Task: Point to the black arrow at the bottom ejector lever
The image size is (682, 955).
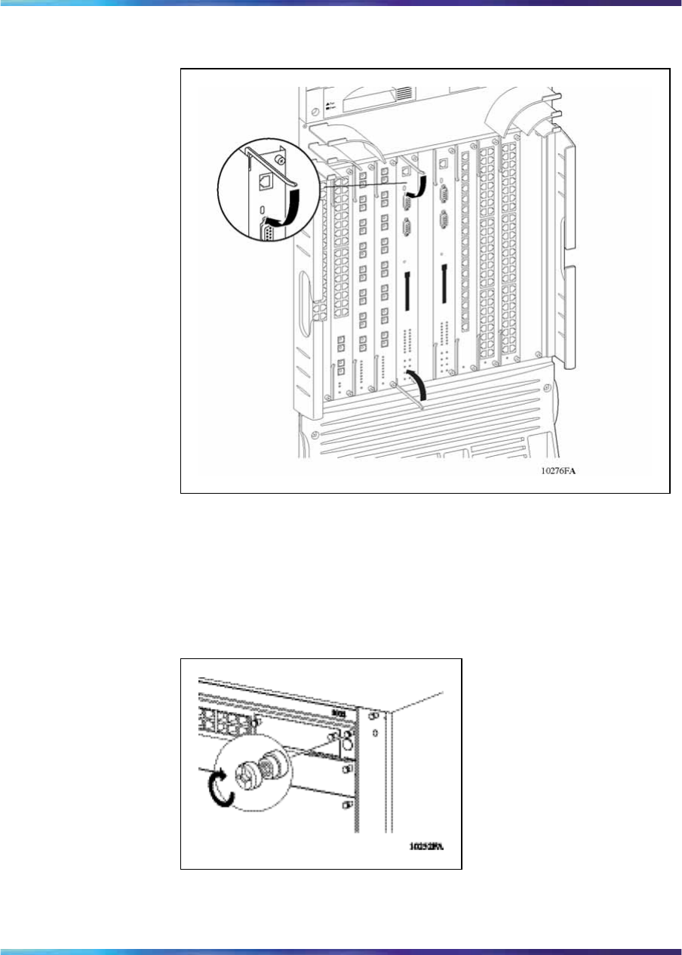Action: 417,385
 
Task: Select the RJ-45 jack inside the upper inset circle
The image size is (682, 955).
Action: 267,181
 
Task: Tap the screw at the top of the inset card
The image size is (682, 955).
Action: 281,160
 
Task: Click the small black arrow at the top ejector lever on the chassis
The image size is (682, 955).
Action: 417,186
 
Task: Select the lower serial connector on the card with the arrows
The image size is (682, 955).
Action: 408,229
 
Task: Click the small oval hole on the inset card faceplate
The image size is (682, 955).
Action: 261,208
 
